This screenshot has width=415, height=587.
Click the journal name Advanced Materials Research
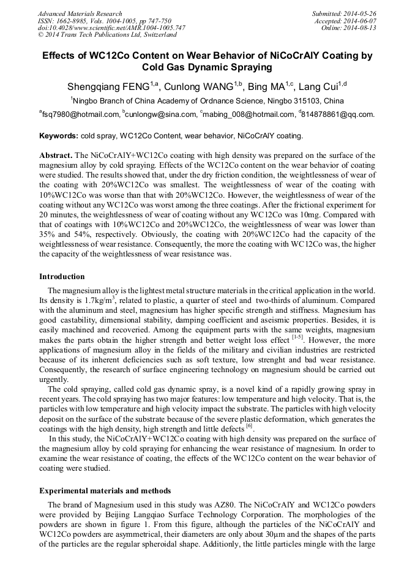click(x=80, y=13)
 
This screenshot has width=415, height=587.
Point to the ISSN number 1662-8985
click(x=73, y=21)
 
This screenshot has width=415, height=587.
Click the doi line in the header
click(x=111, y=28)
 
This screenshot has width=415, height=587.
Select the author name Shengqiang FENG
click(x=105, y=86)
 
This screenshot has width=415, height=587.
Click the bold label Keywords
click(x=58, y=136)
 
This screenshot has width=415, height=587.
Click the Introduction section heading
click(x=62, y=277)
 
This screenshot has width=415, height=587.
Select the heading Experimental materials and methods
click(x=105, y=491)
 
